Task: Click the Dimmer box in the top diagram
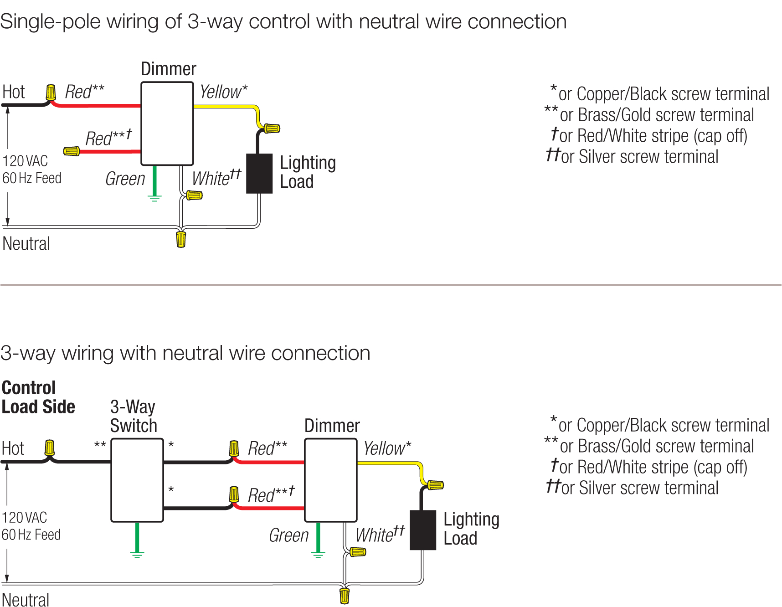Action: [167, 123]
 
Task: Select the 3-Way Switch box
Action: [137, 480]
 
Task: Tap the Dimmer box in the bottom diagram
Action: [331, 480]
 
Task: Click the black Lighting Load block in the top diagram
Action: [259, 174]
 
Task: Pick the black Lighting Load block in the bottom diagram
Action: [423, 530]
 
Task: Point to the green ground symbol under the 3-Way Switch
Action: [137, 554]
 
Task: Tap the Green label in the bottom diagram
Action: [289, 535]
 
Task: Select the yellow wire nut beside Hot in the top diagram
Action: [51, 92]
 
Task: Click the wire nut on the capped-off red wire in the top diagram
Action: [72, 151]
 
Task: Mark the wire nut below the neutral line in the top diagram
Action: [181, 239]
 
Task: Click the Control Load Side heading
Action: [38, 397]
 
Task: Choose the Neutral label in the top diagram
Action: [26, 244]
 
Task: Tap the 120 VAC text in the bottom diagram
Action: [25, 518]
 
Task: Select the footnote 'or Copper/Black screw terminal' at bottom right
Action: [663, 425]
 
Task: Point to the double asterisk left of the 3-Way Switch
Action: [100, 445]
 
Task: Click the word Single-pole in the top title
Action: [45, 22]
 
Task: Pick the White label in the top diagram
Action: [211, 179]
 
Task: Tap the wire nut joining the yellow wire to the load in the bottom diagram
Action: [435, 485]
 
